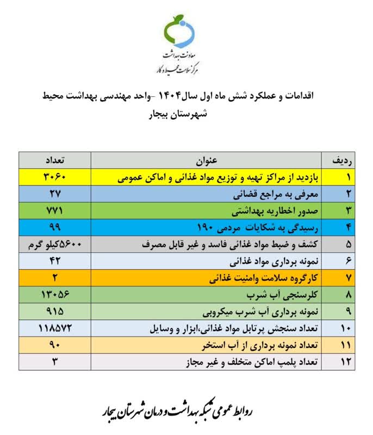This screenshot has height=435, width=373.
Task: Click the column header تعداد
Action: pyautogui.click(x=55, y=161)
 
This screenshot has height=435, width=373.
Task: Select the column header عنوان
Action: pyautogui.click(x=212, y=161)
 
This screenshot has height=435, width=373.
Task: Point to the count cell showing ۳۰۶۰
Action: pyautogui.click(x=55, y=177)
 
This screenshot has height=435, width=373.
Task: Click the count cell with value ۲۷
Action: pyautogui.click(x=55, y=193)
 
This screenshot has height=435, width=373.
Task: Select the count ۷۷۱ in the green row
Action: pyautogui.click(x=55, y=209)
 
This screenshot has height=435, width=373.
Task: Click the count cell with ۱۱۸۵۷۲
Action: pyautogui.click(x=55, y=329)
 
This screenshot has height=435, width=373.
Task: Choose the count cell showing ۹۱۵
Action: pyautogui.click(x=55, y=313)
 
